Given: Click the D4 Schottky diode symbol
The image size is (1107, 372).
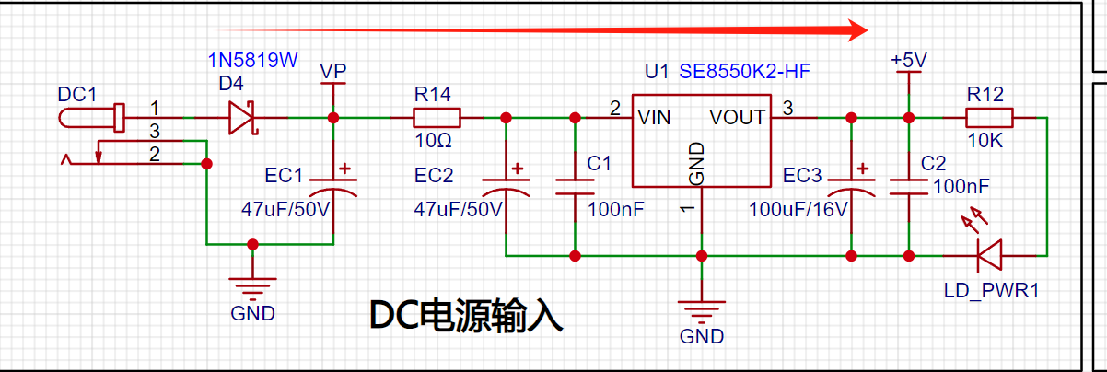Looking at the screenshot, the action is (242, 118).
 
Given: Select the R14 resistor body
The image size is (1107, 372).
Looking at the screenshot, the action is (437, 118).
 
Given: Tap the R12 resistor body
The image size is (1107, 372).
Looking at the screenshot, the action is (989, 118).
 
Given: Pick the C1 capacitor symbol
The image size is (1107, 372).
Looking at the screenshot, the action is (575, 187).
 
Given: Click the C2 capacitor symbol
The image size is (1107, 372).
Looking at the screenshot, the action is (909, 187).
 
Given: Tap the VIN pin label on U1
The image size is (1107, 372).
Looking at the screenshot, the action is (654, 118).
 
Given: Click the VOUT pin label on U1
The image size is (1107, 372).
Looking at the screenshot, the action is (737, 118).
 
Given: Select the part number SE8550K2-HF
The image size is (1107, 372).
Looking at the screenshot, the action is (745, 72).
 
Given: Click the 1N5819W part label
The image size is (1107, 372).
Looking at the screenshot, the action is (252, 60).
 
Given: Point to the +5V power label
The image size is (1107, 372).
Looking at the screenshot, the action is (909, 60).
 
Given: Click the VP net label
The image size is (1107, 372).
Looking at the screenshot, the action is (333, 72).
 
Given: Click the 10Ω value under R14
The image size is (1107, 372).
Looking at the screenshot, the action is (433, 141).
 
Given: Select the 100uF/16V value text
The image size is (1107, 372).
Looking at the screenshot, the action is (798, 209).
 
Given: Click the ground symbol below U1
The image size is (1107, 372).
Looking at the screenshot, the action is (701, 312).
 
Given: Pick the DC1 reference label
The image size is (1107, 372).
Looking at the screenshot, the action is (77, 94).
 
